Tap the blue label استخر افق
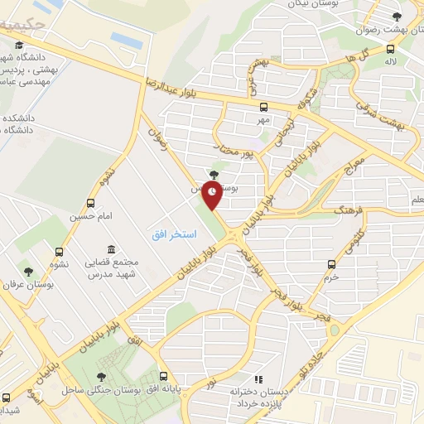(174, 235)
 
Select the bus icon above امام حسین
(90, 202)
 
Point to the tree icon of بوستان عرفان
(28, 272)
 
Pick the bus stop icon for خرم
(331, 264)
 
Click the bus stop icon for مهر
(263, 107)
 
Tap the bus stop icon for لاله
(390, 48)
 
